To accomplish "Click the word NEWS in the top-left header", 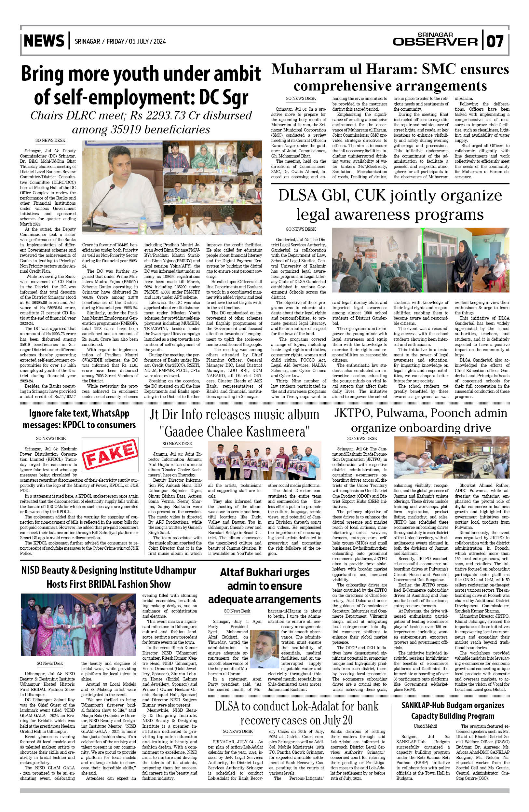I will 44,41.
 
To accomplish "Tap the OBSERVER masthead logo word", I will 435,42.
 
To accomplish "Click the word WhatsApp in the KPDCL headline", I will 108,414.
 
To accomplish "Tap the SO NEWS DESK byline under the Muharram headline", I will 301,98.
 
